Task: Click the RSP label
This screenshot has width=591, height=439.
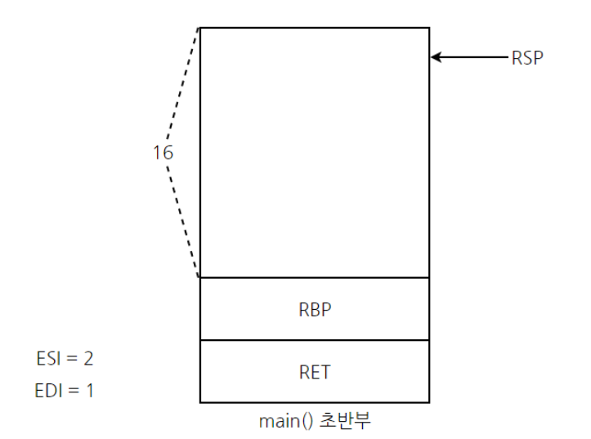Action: pyautogui.click(x=527, y=58)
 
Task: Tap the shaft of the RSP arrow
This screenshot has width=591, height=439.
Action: pyautogui.click(x=474, y=57)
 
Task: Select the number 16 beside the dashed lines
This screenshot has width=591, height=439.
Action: pyautogui.click(x=163, y=152)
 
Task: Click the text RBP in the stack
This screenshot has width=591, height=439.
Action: pyautogui.click(x=315, y=310)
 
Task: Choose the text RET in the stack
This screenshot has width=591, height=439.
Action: pyautogui.click(x=315, y=372)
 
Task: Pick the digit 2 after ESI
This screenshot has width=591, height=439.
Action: pyautogui.click(x=87, y=358)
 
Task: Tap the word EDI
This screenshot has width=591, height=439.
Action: pyautogui.click(x=49, y=391)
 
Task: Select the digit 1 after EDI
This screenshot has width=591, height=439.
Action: pyautogui.click(x=88, y=391)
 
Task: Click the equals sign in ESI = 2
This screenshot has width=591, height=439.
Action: pyautogui.click(x=71, y=358)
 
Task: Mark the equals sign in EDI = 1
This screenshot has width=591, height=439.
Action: pyautogui.click(x=73, y=391)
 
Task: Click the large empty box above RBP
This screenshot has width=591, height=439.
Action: pyautogui.click(x=315, y=153)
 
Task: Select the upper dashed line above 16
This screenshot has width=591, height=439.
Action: pyautogui.click(x=183, y=82)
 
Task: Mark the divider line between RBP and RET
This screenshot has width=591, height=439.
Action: pyautogui.click(x=315, y=340)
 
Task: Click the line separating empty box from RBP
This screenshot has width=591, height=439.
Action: pyautogui.click(x=315, y=278)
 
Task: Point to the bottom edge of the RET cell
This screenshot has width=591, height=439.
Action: pyautogui.click(x=315, y=402)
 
